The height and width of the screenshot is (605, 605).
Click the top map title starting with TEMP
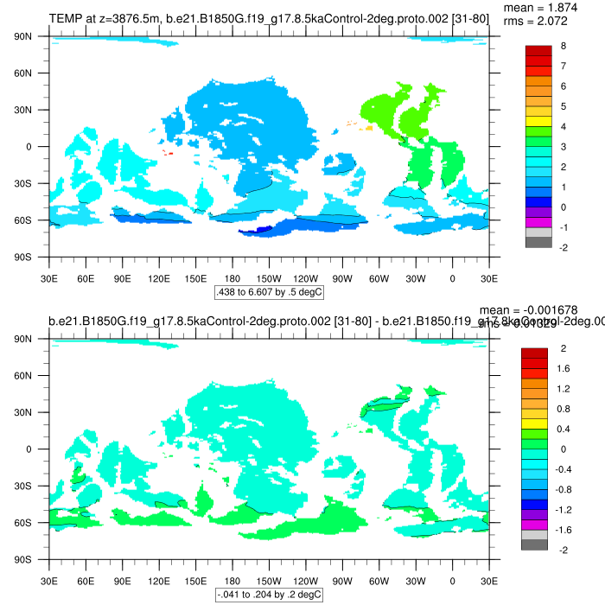pyautogui.click(x=269, y=18)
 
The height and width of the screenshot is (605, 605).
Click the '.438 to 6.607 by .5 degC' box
pyautogui.click(x=269, y=293)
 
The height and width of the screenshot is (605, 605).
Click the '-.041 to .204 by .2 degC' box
pyautogui.click(x=269, y=595)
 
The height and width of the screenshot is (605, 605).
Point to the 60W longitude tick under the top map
pyautogui.click(x=379, y=279)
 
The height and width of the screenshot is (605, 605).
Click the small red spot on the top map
pyautogui.click(x=168, y=154)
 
